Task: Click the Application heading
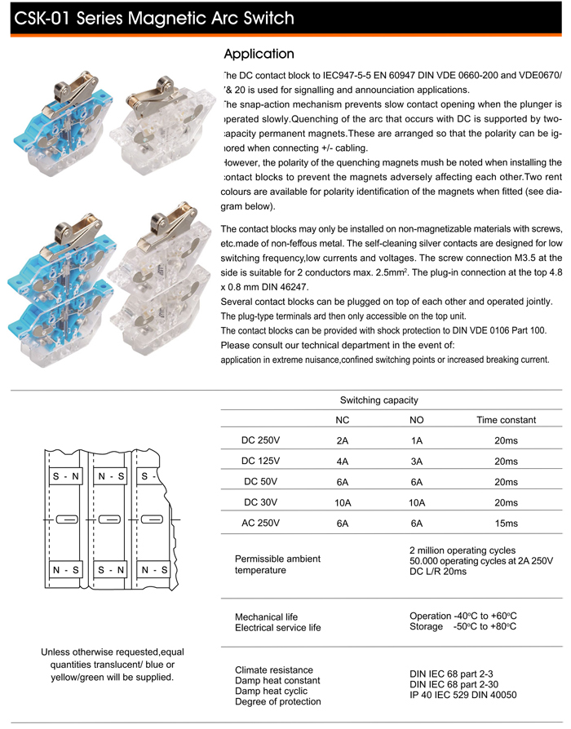tap(259, 55)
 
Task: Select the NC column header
tap(343, 420)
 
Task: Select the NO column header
tap(416, 420)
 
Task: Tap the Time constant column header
tap(506, 420)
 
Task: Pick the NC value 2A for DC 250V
tap(343, 440)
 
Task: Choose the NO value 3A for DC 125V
tap(416, 461)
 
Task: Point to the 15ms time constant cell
tap(506, 523)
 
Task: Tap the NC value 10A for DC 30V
tap(343, 502)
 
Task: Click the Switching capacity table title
tap(378, 400)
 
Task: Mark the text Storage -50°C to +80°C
tap(463, 626)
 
